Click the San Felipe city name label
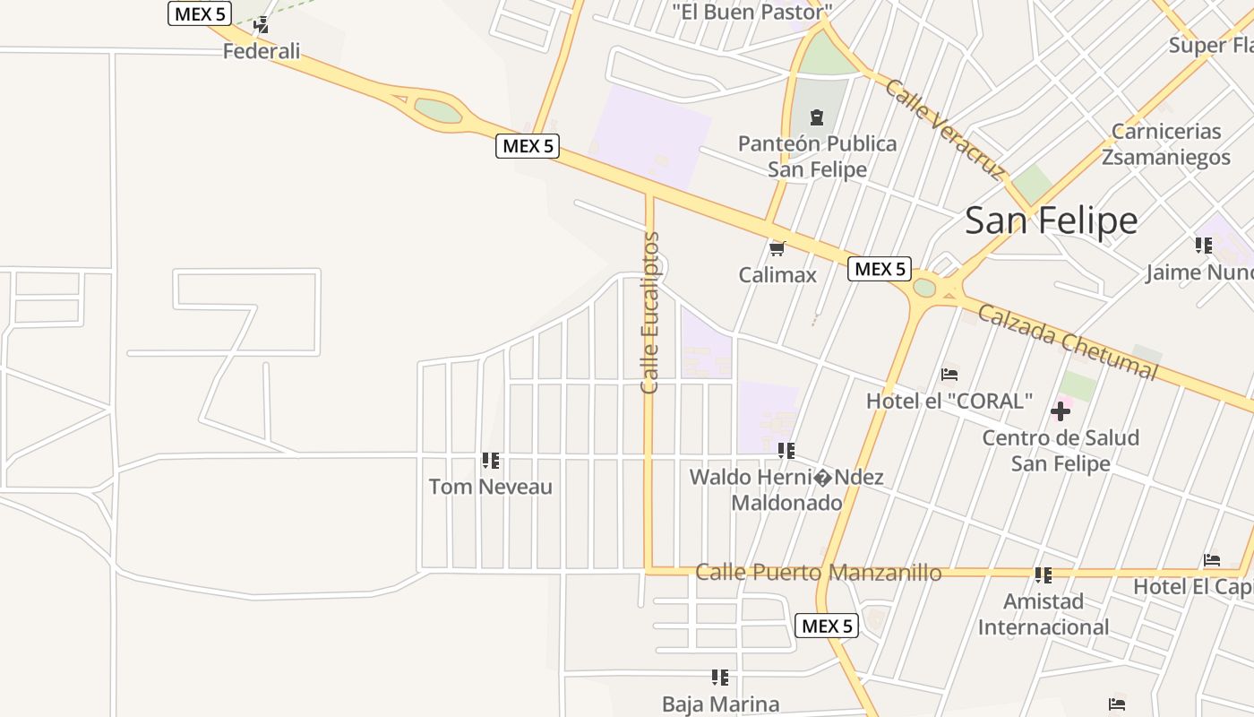(x=1051, y=220)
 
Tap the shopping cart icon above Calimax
(x=777, y=248)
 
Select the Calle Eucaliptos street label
(x=650, y=313)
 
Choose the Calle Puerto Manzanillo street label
(x=819, y=573)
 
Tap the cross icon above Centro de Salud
(x=1061, y=411)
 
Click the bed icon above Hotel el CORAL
(x=949, y=374)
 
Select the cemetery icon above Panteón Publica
(x=817, y=117)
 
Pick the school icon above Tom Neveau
(x=491, y=461)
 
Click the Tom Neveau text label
(x=491, y=487)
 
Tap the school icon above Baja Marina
(x=720, y=678)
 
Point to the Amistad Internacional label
(x=1044, y=614)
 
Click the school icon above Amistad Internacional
(x=1043, y=574)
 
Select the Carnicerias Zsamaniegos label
(x=1166, y=144)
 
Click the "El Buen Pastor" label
(x=752, y=12)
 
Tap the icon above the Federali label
(x=262, y=25)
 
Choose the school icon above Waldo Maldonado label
(x=786, y=451)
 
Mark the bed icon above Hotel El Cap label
(x=1212, y=560)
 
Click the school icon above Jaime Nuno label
(x=1204, y=245)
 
